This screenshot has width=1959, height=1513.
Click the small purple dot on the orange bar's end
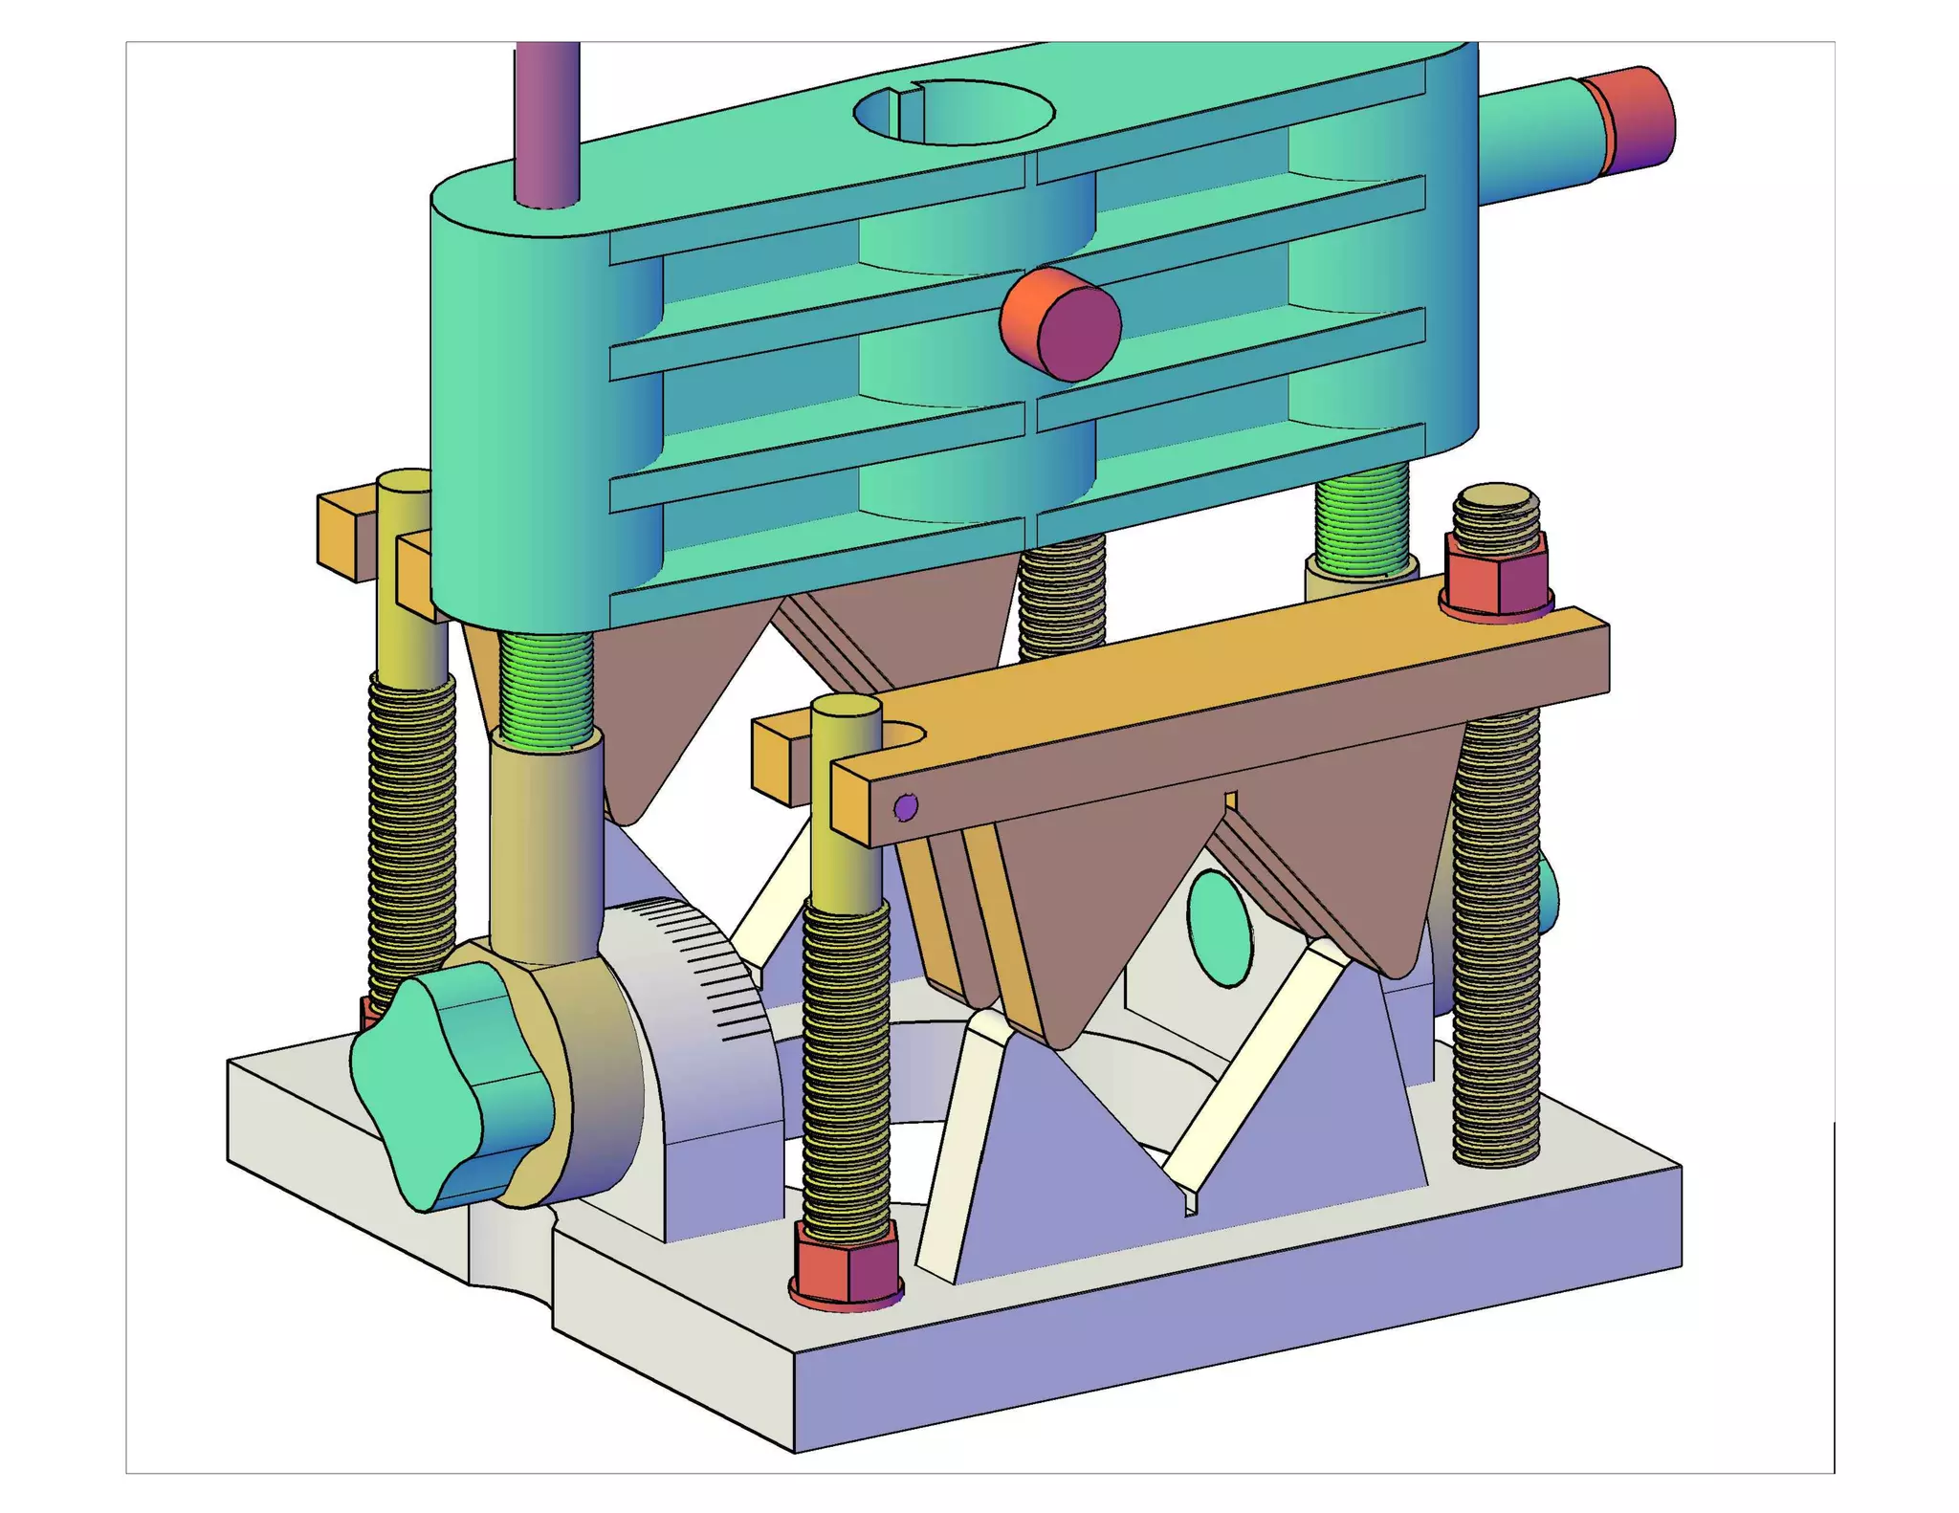905,807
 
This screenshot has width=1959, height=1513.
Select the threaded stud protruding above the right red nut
1498,516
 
